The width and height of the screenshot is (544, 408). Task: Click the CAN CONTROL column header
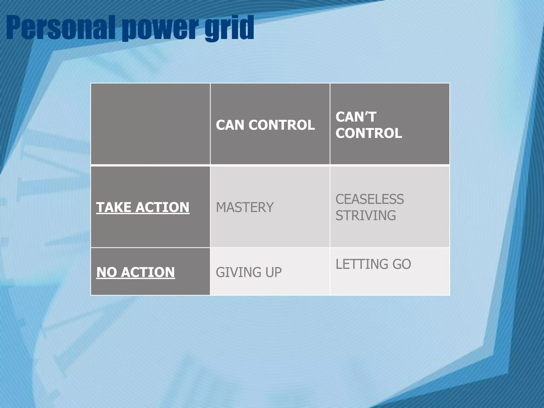point(265,125)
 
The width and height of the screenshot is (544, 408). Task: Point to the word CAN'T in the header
point(356,117)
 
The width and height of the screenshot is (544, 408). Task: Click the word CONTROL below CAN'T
point(368,133)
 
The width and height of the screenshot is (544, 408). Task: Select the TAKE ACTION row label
point(143,207)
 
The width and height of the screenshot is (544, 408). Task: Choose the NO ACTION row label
point(135,272)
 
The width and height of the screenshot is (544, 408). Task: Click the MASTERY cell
point(245,207)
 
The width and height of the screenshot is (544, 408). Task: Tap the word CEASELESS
point(369,199)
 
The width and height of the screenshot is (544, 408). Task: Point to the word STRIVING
point(365,215)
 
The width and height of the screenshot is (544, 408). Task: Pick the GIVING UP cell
point(249,272)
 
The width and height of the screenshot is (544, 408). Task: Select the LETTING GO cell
point(373,264)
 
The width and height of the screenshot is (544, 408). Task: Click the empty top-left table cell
point(150,124)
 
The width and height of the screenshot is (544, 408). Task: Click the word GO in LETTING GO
point(402,264)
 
